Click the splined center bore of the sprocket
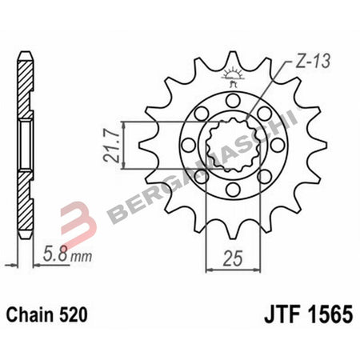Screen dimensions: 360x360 coord(231,144)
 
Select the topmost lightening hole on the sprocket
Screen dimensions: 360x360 coord(231,100)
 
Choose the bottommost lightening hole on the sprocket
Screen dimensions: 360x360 coord(231,189)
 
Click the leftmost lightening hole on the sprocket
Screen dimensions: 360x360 coord(187,145)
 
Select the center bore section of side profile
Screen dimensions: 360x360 coord(26,144)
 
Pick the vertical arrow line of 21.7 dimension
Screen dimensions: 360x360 coord(126,144)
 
